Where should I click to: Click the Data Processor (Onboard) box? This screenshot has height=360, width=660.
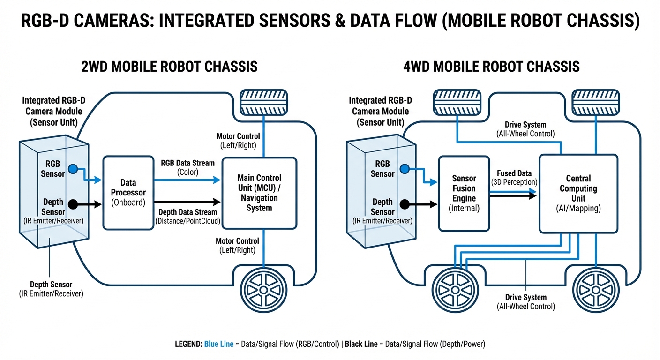[x=128, y=193]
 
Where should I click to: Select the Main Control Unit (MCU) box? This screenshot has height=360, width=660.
[x=259, y=193]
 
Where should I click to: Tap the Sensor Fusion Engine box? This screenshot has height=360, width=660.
[x=464, y=193]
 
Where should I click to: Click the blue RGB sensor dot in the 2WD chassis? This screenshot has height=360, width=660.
[x=72, y=168]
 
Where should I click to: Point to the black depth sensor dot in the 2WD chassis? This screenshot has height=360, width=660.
[x=72, y=204]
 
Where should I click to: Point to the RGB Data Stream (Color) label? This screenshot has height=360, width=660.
[x=187, y=167]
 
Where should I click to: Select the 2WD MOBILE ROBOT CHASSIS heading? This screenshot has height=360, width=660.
[x=170, y=67]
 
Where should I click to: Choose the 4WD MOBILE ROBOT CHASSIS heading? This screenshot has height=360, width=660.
[x=491, y=67]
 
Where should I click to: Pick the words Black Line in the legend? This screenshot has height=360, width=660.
[x=361, y=344]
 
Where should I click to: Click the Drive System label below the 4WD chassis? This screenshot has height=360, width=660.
[x=525, y=302]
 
